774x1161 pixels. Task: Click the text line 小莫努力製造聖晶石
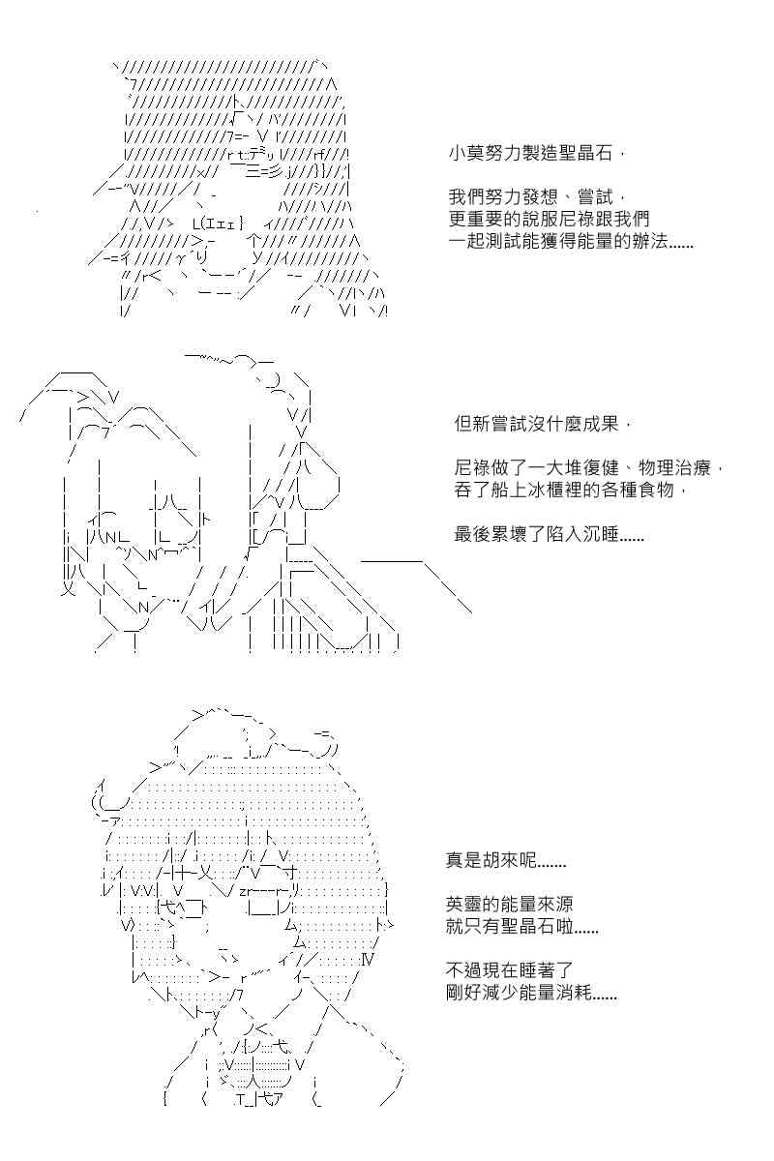536,154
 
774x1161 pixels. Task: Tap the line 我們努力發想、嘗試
536,196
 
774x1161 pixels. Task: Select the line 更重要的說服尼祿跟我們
549,219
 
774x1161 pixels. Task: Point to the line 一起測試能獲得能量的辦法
571,241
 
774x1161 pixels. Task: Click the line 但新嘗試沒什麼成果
543,424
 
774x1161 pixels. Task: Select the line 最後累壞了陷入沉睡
549,534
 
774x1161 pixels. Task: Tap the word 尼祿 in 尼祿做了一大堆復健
472,468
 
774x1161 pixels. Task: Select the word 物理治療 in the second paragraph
674,468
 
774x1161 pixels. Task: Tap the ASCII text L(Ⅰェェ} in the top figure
218,223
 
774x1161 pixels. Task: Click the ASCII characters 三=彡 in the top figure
264,170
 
